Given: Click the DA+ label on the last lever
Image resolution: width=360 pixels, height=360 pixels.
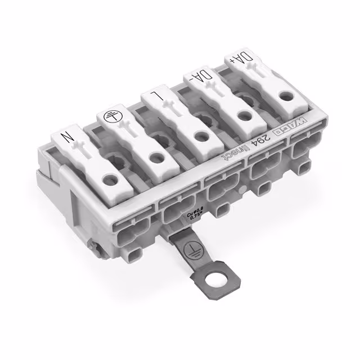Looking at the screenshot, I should (x=237, y=59).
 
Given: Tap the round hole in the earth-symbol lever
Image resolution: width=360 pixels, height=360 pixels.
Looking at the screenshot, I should (x=154, y=158).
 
